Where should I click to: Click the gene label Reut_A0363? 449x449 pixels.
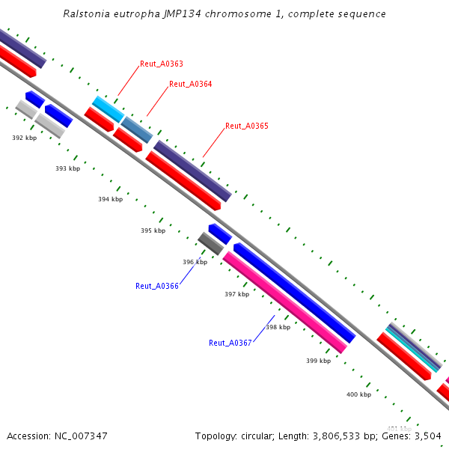161,64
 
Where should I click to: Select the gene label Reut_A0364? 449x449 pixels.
190,84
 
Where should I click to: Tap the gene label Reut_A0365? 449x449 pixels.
246,126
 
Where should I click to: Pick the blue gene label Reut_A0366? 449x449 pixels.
156,286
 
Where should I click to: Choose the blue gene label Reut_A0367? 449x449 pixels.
230,343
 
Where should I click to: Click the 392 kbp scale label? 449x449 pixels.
24,138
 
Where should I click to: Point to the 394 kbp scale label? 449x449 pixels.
110,199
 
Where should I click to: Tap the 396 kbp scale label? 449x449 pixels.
195,262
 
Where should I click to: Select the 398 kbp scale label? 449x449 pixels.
278,327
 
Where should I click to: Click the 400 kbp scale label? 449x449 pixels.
358,394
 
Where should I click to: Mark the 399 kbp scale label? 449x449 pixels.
318,361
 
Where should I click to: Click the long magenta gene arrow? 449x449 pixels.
284,302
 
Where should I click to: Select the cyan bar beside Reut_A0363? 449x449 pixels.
108,109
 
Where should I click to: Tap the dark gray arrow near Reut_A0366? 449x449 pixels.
210,243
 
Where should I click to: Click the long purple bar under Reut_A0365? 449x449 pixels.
192,171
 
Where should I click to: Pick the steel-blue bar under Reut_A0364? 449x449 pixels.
137,129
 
